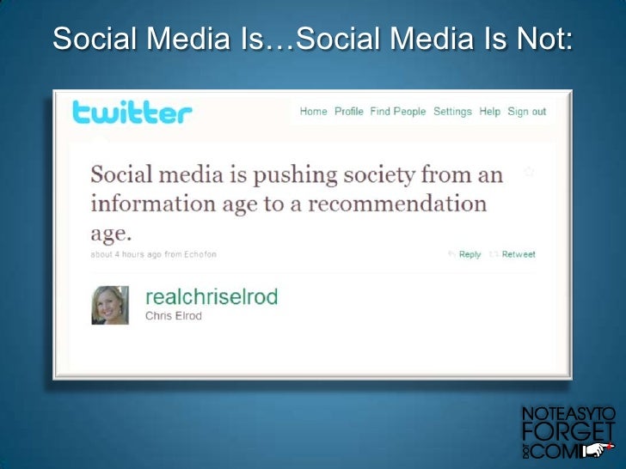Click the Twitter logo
pyautogui.click(x=132, y=113)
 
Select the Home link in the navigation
pyautogui.click(x=313, y=112)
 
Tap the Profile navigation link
pyautogui.click(x=348, y=112)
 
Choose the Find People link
pyautogui.click(x=397, y=112)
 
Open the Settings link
pyautogui.click(x=452, y=112)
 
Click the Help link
pyautogui.click(x=489, y=112)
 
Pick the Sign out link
pyautogui.click(x=526, y=112)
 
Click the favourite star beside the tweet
pyautogui.click(x=529, y=172)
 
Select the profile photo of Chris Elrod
pyautogui.click(x=110, y=305)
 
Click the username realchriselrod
pyautogui.click(x=212, y=297)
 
